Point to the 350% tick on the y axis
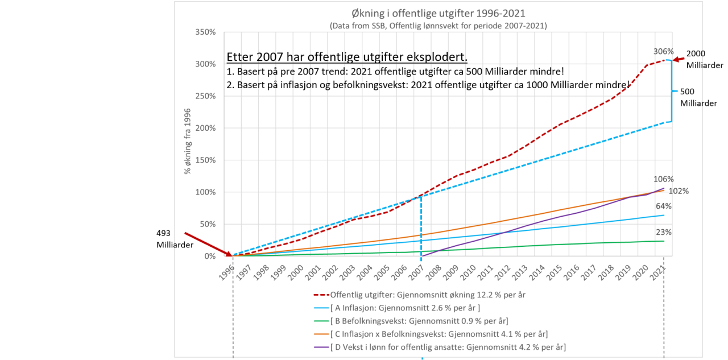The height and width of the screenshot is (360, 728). pos(206,32)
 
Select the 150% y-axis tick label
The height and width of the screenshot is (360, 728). pos(206,160)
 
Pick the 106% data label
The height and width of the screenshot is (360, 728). pos(664,179)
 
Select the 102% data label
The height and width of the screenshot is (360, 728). pos(679,191)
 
